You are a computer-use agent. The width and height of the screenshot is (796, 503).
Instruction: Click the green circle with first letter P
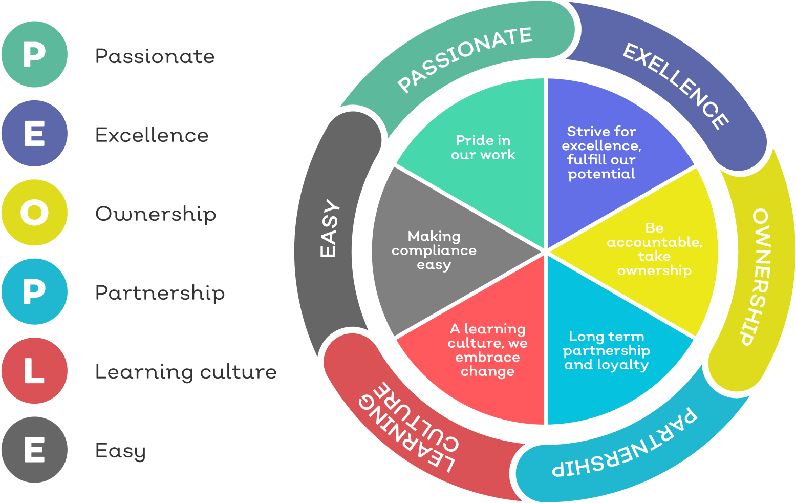click(34, 54)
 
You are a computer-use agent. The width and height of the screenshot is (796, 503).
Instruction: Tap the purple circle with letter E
click(34, 133)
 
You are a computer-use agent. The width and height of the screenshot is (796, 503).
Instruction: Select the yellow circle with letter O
click(34, 213)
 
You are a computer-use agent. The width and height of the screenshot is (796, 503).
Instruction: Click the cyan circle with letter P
click(34, 291)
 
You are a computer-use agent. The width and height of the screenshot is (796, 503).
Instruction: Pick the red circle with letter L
click(34, 371)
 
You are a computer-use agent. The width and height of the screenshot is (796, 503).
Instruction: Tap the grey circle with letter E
click(34, 450)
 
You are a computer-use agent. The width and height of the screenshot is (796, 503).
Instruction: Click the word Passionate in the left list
click(155, 56)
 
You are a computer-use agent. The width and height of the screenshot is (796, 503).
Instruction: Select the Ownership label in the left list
click(156, 214)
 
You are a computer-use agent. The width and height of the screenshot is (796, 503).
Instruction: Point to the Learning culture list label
click(185, 372)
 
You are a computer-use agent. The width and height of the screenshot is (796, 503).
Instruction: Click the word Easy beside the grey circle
click(120, 451)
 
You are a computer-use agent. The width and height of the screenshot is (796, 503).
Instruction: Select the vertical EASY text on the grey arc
click(329, 228)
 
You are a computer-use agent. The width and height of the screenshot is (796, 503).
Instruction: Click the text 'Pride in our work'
click(483, 148)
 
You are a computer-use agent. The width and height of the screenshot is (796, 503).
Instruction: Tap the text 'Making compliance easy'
click(434, 250)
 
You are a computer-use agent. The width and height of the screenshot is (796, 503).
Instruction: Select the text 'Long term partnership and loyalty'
click(607, 350)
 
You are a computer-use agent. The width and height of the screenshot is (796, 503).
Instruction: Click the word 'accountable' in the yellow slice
click(654, 242)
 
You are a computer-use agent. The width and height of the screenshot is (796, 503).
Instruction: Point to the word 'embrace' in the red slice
click(487, 357)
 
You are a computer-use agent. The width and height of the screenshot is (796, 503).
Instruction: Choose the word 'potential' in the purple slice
click(601, 174)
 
